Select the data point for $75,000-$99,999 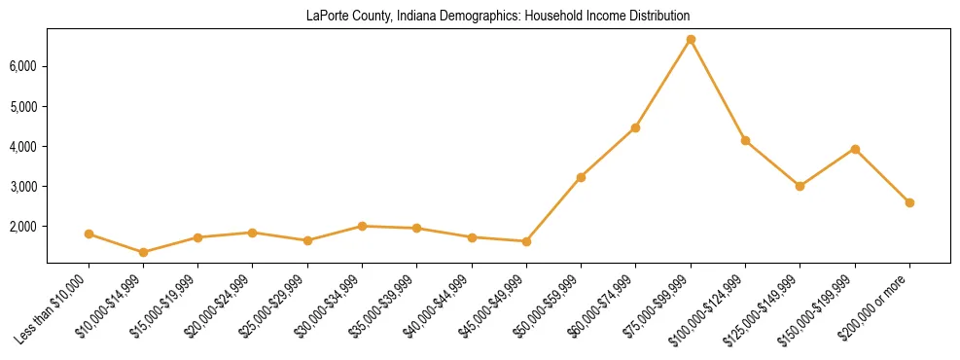click(x=691, y=40)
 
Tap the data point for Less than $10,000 click(x=89, y=234)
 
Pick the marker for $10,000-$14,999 click(x=144, y=252)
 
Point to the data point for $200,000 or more click(x=909, y=202)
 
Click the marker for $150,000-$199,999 click(x=855, y=149)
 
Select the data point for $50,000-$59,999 click(x=581, y=177)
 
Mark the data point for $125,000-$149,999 click(x=800, y=186)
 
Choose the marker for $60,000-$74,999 click(x=635, y=127)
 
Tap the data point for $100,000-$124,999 click(x=745, y=140)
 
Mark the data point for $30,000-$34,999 click(x=362, y=226)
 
